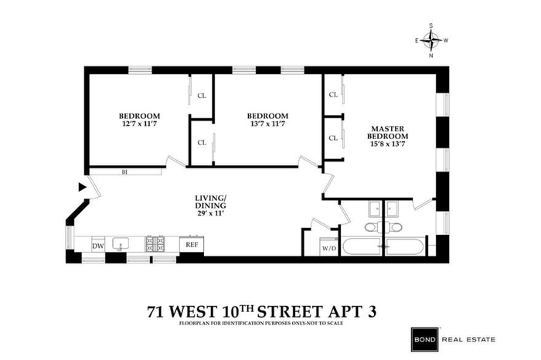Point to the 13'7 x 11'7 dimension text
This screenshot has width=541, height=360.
pos(268,124)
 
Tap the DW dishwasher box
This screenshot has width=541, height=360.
pos(97,245)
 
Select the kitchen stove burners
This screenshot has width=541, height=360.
pos(155,244)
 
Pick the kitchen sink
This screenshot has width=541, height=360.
pos(120,244)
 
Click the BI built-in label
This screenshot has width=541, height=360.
pos(124,172)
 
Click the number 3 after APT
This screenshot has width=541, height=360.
pos(384,312)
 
